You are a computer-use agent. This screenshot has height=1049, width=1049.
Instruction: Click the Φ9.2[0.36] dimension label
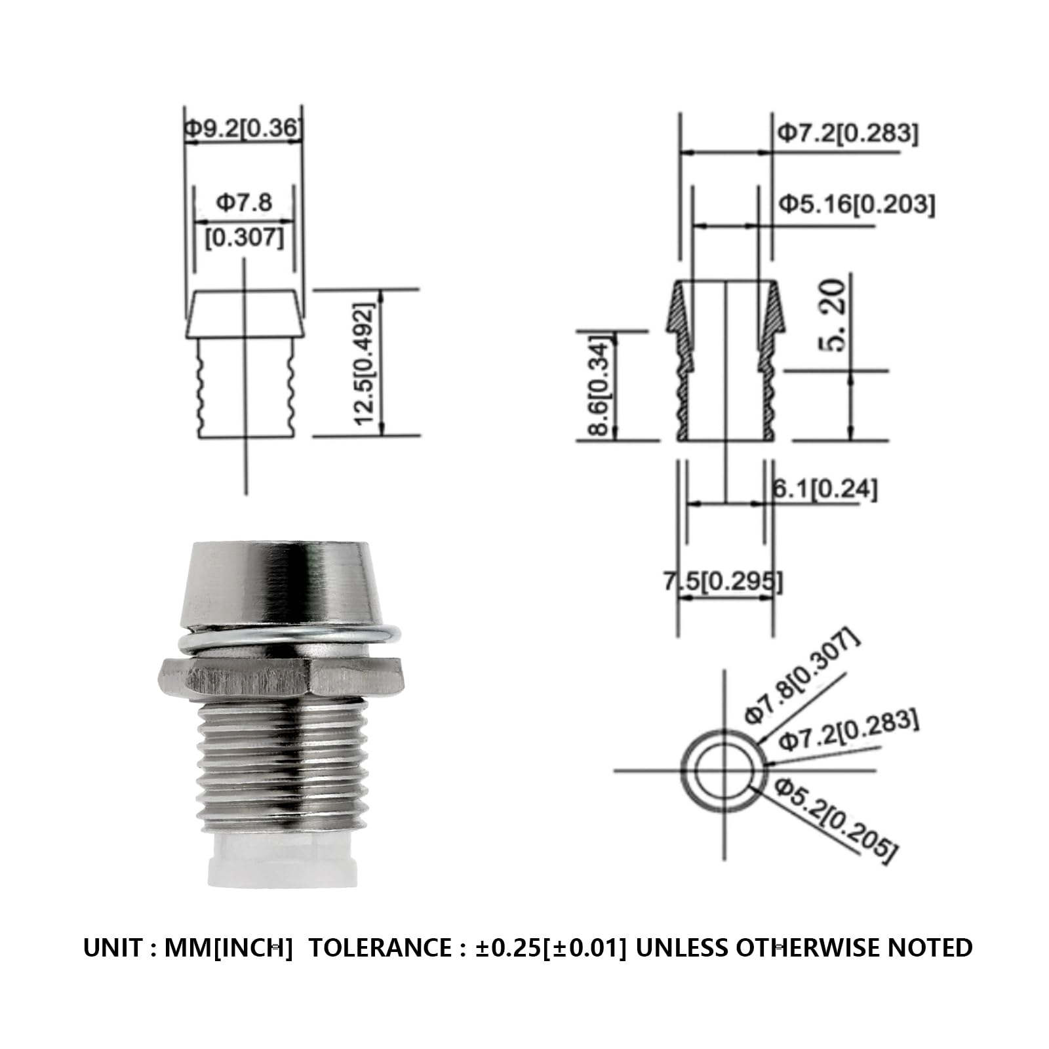coord(243,128)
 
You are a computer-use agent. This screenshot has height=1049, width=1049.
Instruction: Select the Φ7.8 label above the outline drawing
coord(244,202)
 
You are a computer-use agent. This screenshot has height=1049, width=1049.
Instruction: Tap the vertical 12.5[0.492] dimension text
coord(365,364)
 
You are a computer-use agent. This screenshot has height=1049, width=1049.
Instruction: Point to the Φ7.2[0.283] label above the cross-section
coord(848,134)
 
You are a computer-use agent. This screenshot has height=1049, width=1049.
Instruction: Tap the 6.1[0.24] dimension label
coord(824,488)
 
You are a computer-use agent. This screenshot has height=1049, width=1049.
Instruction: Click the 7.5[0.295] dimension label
coord(723,581)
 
